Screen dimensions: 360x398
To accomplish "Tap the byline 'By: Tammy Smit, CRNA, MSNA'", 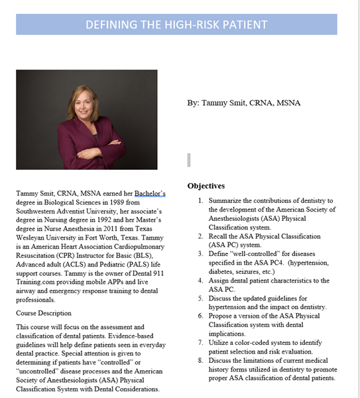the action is [x=243, y=103].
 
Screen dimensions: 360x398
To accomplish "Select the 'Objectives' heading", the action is [x=206, y=186].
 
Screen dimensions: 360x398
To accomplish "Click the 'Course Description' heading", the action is [x=43, y=313].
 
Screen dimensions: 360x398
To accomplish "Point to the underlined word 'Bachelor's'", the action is [x=150, y=194].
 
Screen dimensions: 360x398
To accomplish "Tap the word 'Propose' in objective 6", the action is [x=222, y=316].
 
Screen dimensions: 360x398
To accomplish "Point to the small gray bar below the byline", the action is [x=189, y=159].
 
